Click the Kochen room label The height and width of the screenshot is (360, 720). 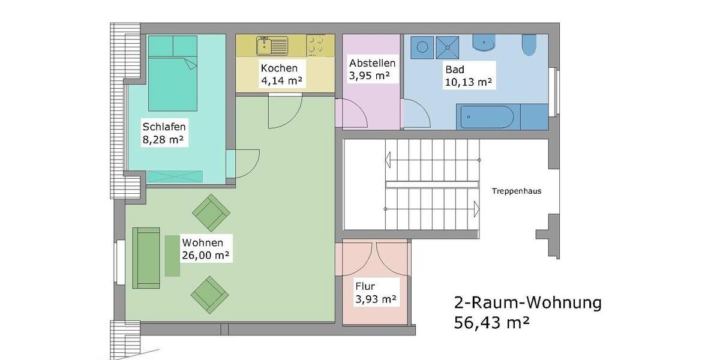pos(279,68)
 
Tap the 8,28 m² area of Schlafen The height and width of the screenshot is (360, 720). pos(163,140)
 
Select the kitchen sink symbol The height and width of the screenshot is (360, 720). pos(272,46)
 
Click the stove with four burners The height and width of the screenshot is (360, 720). pos(320,46)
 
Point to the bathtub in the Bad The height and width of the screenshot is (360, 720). pos(486,117)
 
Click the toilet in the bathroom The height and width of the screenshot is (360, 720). pos(530,45)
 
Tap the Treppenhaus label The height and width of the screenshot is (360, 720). pos(516,191)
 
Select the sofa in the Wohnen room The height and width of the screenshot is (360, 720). pos(146,257)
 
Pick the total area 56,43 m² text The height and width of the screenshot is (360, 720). pos(492,323)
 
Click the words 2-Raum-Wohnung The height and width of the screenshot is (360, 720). pos(527,302)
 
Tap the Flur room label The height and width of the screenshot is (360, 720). pos(365,286)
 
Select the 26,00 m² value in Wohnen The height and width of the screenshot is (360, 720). pos(206,256)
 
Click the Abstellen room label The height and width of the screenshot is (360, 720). pos(372,62)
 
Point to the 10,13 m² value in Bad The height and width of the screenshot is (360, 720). pos(468,82)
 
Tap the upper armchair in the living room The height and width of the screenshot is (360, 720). pos(211,213)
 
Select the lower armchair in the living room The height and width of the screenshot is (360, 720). pos(210,294)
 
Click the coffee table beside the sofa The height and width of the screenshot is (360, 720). pos(172,256)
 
